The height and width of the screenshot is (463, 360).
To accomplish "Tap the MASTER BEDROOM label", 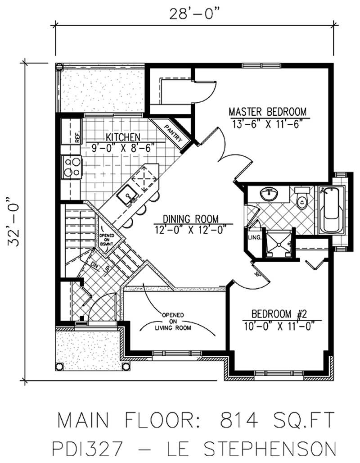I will point(267,111).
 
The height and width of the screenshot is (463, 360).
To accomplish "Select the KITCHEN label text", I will point(122,137).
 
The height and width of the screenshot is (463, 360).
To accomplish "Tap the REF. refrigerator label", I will point(77,136).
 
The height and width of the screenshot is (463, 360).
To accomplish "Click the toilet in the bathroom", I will point(301,199).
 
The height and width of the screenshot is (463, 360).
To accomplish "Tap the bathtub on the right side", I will point(332,209).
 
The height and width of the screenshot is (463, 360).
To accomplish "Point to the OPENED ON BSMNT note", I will point(108,238).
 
